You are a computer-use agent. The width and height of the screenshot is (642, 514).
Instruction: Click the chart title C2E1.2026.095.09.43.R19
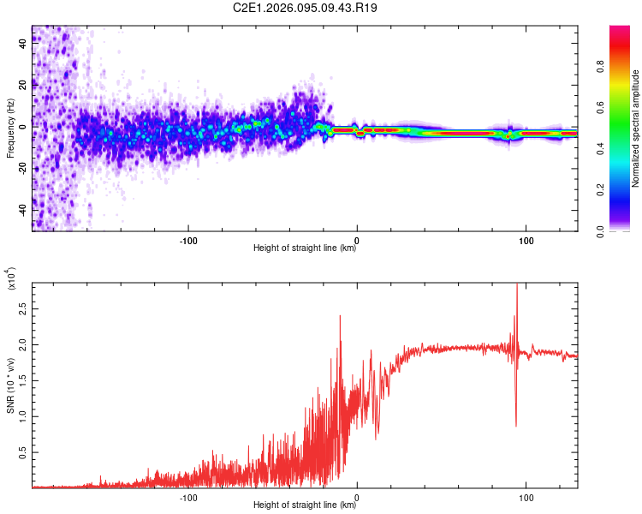click(306, 9)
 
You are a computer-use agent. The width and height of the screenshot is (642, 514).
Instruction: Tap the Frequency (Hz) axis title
click(9, 128)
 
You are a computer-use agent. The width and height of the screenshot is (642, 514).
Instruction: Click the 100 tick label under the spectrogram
click(524, 239)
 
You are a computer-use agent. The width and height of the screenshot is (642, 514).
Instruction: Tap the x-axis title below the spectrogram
click(305, 248)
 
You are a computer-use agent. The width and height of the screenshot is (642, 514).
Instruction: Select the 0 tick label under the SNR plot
click(356, 497)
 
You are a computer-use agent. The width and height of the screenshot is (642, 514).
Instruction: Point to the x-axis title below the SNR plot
click(305, 505)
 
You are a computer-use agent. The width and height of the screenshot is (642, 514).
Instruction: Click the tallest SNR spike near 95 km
click(516, 286)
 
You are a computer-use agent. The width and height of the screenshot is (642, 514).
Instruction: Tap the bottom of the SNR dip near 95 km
click(515, 426)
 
